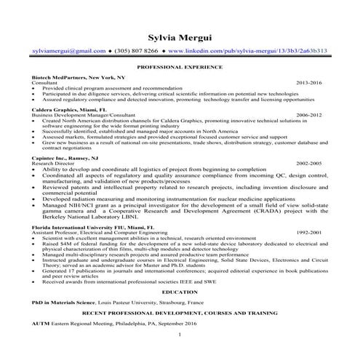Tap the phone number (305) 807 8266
[x=137, y=52]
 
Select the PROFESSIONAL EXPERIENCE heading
[x=179, y=66]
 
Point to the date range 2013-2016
[x=308, y=83]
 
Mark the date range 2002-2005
[x=308, y=164]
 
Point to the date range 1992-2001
[x=308, y=233]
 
